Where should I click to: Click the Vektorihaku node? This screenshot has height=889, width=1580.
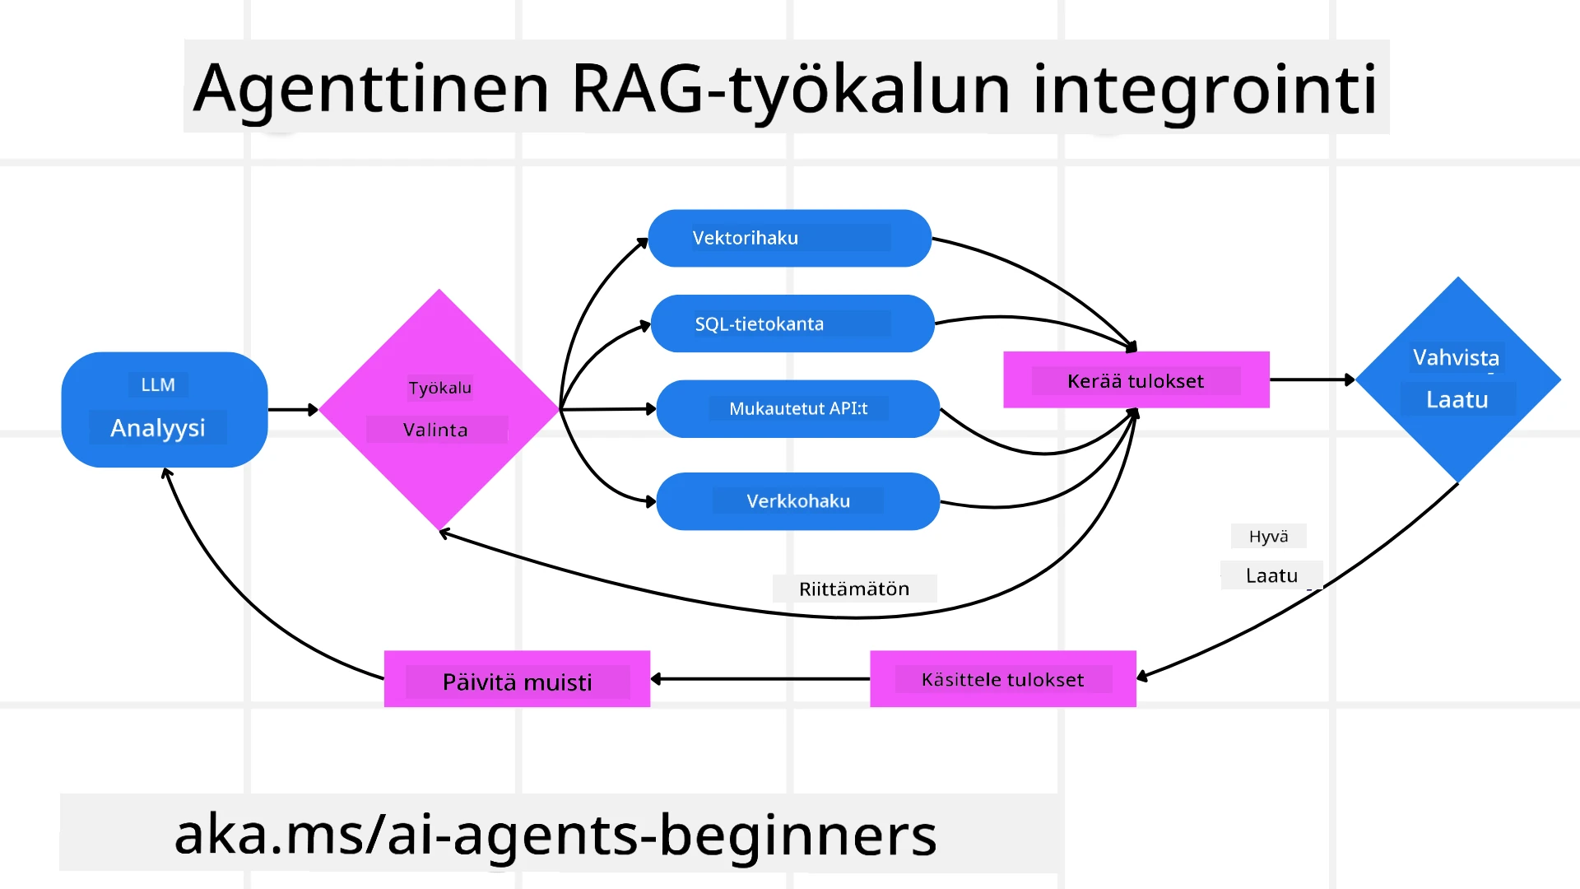pos(789,238)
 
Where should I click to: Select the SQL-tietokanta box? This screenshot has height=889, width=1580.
pos(792,323)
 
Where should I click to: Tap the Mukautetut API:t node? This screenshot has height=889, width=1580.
pos(797,408)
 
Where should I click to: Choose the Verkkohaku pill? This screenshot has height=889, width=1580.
pos(797,500)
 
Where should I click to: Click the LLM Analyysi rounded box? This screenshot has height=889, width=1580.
pos(164,409)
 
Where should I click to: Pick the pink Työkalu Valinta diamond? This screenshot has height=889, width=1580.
pos(439,409)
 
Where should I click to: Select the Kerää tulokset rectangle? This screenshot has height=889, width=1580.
pos(1136,379)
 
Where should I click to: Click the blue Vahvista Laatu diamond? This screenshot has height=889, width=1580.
pos(1457,379)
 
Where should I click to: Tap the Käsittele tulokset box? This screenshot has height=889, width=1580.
pos(1002,679)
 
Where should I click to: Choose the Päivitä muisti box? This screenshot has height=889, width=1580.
pos(517,679)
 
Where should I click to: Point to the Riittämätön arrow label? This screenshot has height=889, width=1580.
pos(853,589)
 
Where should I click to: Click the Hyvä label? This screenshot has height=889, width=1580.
pos(1268,536)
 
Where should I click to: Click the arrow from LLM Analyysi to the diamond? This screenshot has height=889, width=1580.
pos(292,409)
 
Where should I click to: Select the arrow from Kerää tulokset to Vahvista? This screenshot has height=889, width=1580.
pos(1311,379)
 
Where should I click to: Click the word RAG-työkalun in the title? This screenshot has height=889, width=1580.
pos(790,88)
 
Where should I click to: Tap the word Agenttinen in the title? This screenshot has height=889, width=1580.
pos(370,88)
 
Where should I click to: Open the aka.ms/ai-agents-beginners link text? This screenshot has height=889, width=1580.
pos(555,833)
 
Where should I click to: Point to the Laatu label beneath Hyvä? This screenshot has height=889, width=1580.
pos(1271,575)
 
